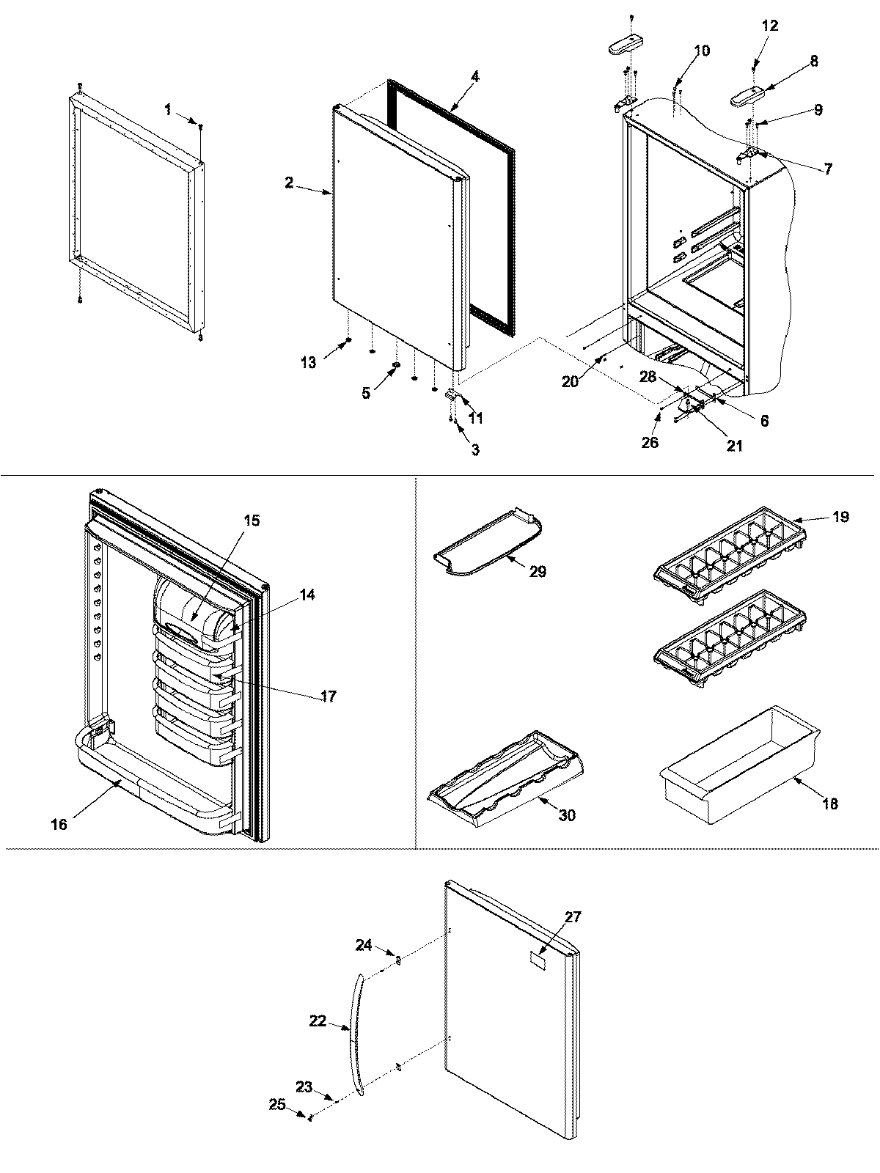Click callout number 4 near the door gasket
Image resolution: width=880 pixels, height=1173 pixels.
(475, 76)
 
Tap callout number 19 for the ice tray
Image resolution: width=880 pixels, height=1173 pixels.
(840, 517)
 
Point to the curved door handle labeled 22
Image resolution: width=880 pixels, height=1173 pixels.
(356, 1034)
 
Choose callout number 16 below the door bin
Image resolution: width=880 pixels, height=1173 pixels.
(59, 825)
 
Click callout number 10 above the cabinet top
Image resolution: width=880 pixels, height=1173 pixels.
(701, 51)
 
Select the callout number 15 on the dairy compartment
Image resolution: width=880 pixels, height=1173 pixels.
(252, 521)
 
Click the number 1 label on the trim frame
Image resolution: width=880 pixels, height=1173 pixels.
(168, 110)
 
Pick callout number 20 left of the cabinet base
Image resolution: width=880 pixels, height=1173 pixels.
(571, 381)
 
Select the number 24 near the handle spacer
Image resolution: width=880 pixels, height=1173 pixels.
(364, 945)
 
